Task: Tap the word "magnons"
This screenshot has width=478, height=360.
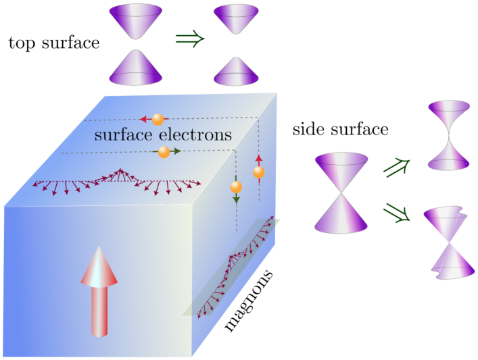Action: (249, 301)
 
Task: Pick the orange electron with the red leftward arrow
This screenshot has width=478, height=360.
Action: (158, 120)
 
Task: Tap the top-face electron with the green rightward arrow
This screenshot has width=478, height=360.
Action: (164, 153)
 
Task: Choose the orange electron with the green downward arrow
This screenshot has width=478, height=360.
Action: (236, 187)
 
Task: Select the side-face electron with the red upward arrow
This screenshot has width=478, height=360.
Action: (258, 173)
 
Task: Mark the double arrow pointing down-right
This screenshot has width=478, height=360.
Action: (397, 213)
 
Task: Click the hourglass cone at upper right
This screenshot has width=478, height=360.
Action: (448, 135)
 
